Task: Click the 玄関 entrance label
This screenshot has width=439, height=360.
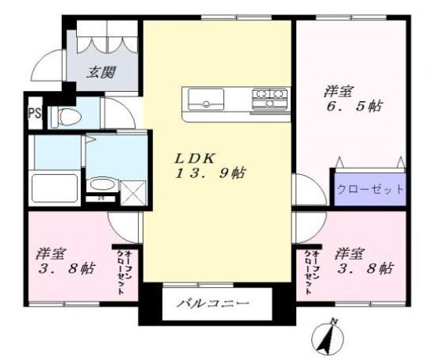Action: click(101, 74)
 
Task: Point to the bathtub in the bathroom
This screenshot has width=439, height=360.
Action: click(52, 189)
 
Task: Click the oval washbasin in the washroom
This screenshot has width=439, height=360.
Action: click(100, 187)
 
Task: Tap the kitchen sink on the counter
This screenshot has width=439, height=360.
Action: click(206, 100)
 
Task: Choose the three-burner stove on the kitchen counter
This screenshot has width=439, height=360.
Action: click(270, 99)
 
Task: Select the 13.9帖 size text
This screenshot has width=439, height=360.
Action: click(208, 173)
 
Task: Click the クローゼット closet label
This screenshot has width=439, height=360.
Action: click(370, 189)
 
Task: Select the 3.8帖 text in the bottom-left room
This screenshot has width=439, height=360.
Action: click(67, 269)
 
